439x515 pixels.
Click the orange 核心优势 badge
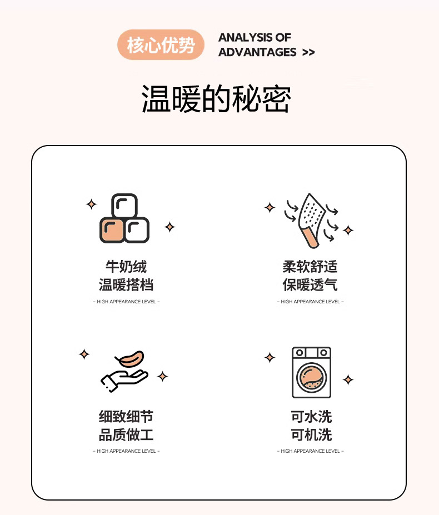[161, 44]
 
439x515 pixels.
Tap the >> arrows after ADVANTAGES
[308, 53]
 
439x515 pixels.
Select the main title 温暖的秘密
[216, 99]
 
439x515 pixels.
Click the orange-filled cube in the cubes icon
[112, 230]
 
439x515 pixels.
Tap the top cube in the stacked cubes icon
[124, 206]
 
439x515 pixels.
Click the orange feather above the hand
[130, 358]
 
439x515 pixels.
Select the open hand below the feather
[123, 381]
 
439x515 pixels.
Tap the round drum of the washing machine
[312, 377]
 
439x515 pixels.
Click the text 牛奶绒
[126, 266]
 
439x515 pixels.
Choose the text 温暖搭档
[126, 285]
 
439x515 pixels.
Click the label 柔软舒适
[310, 266]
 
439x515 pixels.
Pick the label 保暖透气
[310, 285]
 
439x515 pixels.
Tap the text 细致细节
[126, 417]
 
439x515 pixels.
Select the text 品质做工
[126, 435]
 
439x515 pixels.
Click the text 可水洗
[312, 417]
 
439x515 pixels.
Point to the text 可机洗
[312, 435]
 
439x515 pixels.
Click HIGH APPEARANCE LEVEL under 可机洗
[310, 451]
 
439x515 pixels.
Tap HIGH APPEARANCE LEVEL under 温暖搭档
[126, 302]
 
